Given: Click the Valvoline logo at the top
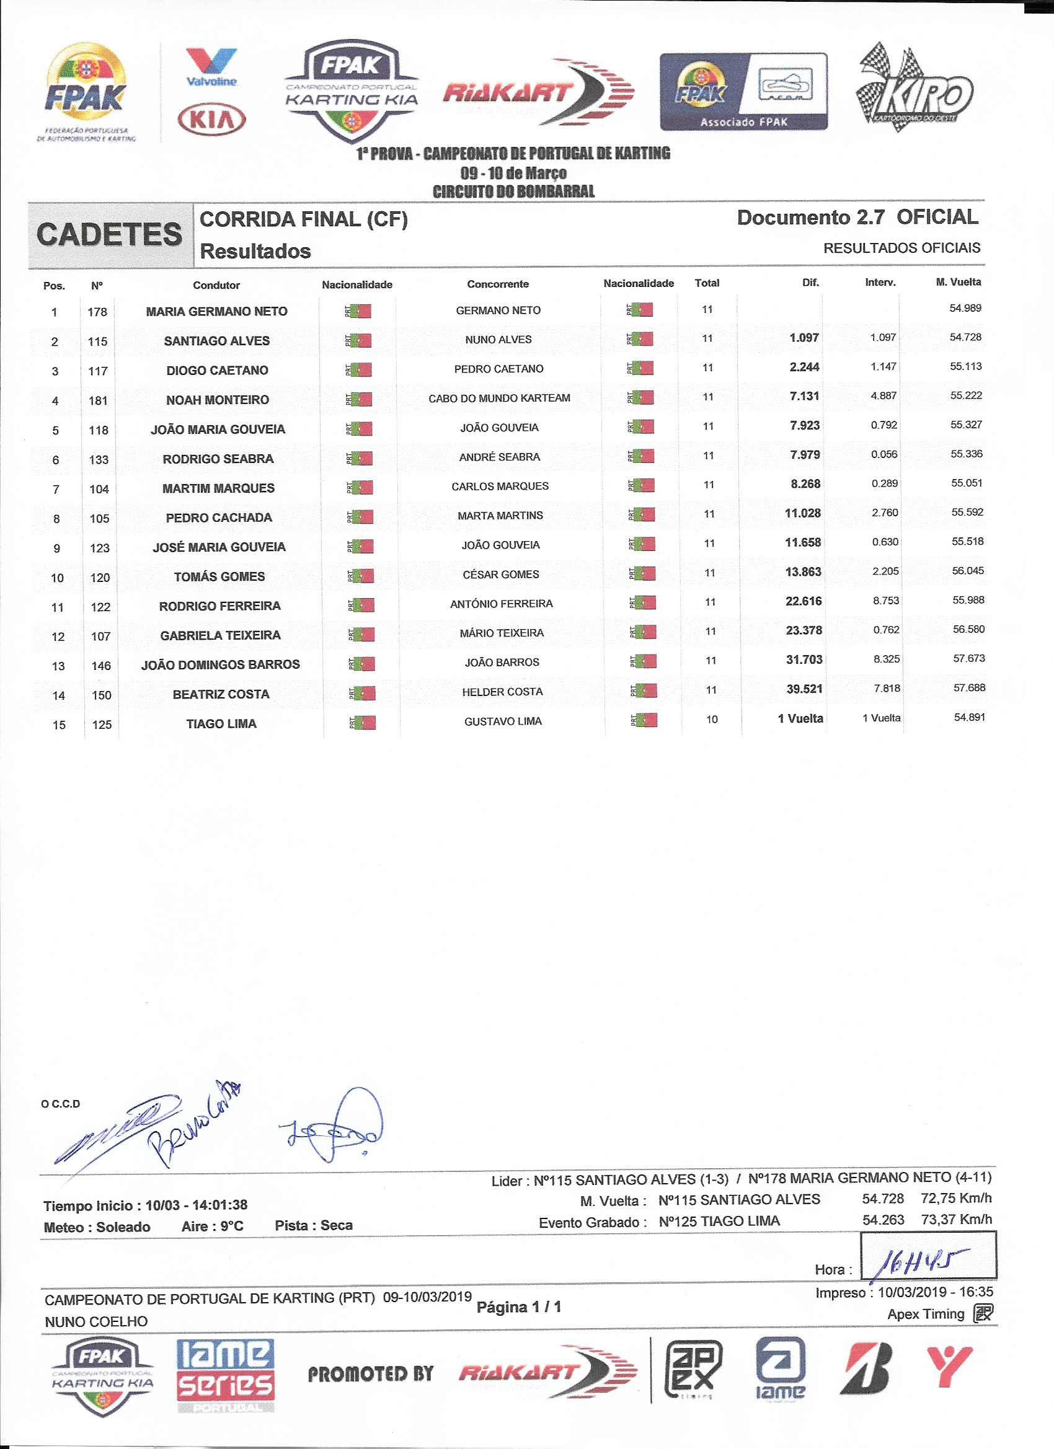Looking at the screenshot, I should (x=211, y=66).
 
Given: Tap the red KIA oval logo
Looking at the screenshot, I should (x=211, y=120).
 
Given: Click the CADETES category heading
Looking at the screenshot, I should (x=109, y=234).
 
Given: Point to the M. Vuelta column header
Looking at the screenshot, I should (x=957, y=282).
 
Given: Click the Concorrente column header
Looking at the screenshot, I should (x=498, y=284).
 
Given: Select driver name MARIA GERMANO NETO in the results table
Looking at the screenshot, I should (x=216, y=311).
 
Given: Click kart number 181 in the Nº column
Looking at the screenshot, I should (x=98, y=400).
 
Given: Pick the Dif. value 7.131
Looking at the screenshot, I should (x=804, y=396).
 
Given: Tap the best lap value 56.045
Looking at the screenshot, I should (x=968, y=571).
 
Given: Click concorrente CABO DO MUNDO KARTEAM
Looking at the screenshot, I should (x=499, y=398).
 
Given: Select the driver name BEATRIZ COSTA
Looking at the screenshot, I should (x=221, y=694).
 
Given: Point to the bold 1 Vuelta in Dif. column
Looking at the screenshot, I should (x=800, y=718).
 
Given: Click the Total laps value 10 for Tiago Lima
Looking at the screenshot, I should (x=711, y=720).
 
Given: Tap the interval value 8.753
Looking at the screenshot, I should (x=886, y=601).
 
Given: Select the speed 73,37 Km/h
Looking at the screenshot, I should (x=956, y=1219).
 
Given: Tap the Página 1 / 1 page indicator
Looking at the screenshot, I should (x=518, y=1307).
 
